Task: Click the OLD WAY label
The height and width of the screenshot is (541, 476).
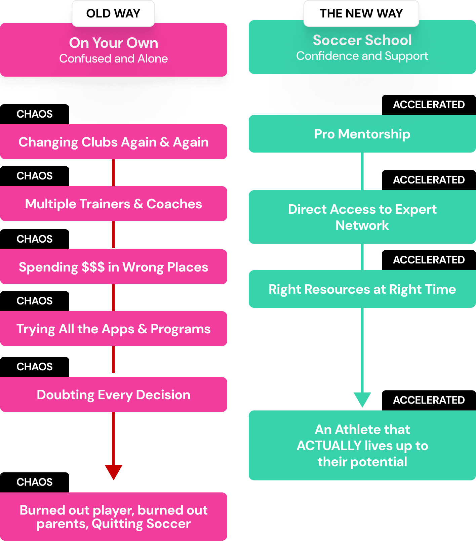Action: tap(113, 13)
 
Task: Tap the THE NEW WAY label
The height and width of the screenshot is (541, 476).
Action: tap(361, 13)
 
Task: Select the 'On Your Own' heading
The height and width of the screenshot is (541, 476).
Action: tap(114, 43)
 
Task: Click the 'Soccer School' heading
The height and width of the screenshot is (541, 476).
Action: tap(362, 40)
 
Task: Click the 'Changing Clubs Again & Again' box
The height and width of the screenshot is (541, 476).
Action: tap(114, 142)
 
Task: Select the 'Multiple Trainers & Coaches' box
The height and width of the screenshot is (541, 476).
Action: tap(114, 204)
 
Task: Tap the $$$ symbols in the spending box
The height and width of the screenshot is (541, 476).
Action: tap(93, 267)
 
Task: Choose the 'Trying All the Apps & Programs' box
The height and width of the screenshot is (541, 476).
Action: tap(114, 329)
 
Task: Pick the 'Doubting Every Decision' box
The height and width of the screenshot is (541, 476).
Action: tap(114, 395)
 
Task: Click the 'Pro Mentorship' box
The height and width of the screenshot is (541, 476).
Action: tap(362, 134)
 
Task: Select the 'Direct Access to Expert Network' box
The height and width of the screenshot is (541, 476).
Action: tap(362, 217)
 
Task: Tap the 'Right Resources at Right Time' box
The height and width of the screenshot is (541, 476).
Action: tap(362, 289)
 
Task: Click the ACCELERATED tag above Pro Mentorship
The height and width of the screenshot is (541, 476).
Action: tap(429, 105)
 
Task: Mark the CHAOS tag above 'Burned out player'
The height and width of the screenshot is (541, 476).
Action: tap(35, 482)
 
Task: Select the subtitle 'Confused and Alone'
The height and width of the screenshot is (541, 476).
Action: tap(114, 59)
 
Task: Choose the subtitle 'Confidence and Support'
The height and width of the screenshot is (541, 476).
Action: tap(362, 56)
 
